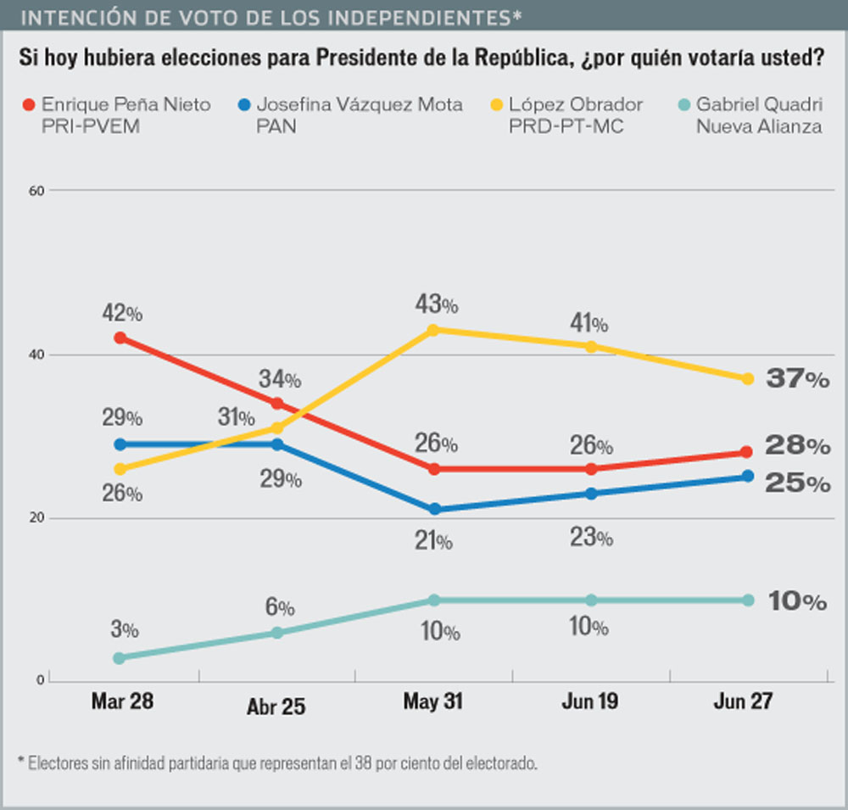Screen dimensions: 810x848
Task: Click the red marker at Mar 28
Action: point(120,338)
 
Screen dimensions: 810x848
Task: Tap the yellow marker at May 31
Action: point(434,330)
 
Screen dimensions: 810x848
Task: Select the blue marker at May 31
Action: point(434,509)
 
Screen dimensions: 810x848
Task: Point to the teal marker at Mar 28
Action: point(120,657)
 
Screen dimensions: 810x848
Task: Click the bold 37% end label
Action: point(797,380)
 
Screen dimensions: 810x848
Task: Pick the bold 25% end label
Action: point(797,483)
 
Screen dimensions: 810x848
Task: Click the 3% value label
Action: point(124,629)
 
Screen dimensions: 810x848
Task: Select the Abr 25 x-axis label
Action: point(276,707)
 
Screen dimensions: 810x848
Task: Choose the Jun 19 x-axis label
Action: point(590,702)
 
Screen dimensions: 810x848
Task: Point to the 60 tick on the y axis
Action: point(36,191)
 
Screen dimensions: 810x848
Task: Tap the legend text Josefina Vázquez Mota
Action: point(360,105)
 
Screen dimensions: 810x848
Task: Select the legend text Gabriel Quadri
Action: point(759,105)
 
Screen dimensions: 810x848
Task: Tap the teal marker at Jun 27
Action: point(748,601)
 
